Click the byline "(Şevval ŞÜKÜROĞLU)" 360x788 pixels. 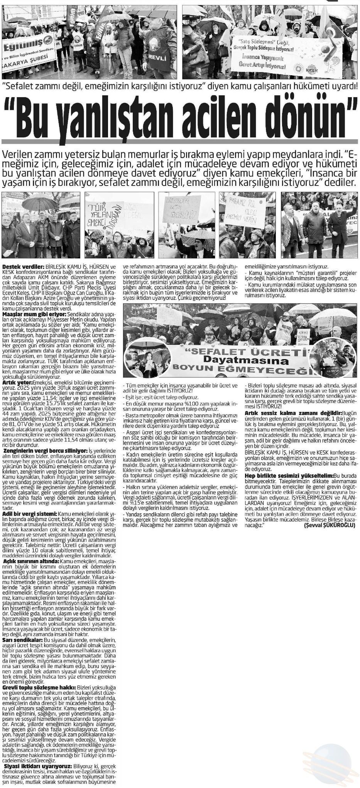(x=330, y=525)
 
